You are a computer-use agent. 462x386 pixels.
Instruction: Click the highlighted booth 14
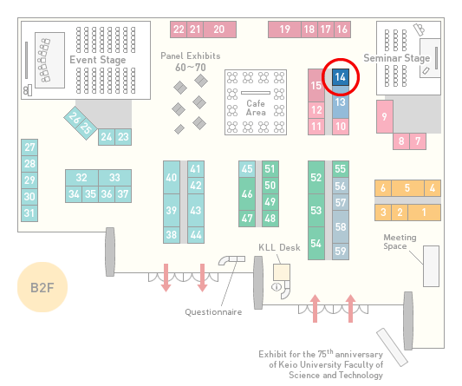pos(341,77)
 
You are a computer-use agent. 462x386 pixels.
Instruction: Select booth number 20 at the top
pos(219,29)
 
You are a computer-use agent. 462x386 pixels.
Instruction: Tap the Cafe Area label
pos(256,108)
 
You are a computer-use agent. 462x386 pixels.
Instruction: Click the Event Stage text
pos(98,60)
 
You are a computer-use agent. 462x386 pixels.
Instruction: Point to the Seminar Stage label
pos(397,58)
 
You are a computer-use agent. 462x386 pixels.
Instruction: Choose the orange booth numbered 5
pos(407,188)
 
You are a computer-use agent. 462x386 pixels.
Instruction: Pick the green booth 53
pos(316,210)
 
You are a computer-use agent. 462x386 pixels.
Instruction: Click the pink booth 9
pos(385,116)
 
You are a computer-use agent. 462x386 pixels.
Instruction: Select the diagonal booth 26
pos(75,118)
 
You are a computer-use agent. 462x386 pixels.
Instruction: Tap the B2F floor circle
pos(42,287)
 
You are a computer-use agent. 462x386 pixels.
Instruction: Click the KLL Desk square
pos(282,272)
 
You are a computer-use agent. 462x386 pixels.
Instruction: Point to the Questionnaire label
pos(213,312)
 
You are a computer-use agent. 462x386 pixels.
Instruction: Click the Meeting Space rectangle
pos(431,266)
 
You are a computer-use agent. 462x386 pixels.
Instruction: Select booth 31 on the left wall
pos(29,213)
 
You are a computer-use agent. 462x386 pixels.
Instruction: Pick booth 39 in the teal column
pos(172,210)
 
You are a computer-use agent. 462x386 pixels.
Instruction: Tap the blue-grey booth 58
pos(341,226)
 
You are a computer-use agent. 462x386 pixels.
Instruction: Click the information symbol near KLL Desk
pos(277,286)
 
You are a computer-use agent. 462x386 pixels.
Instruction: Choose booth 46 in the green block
pos(247,193)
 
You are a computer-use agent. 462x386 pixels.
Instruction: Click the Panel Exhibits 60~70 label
pos(191,62)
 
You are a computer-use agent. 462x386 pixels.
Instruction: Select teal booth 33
pos(115,178)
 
